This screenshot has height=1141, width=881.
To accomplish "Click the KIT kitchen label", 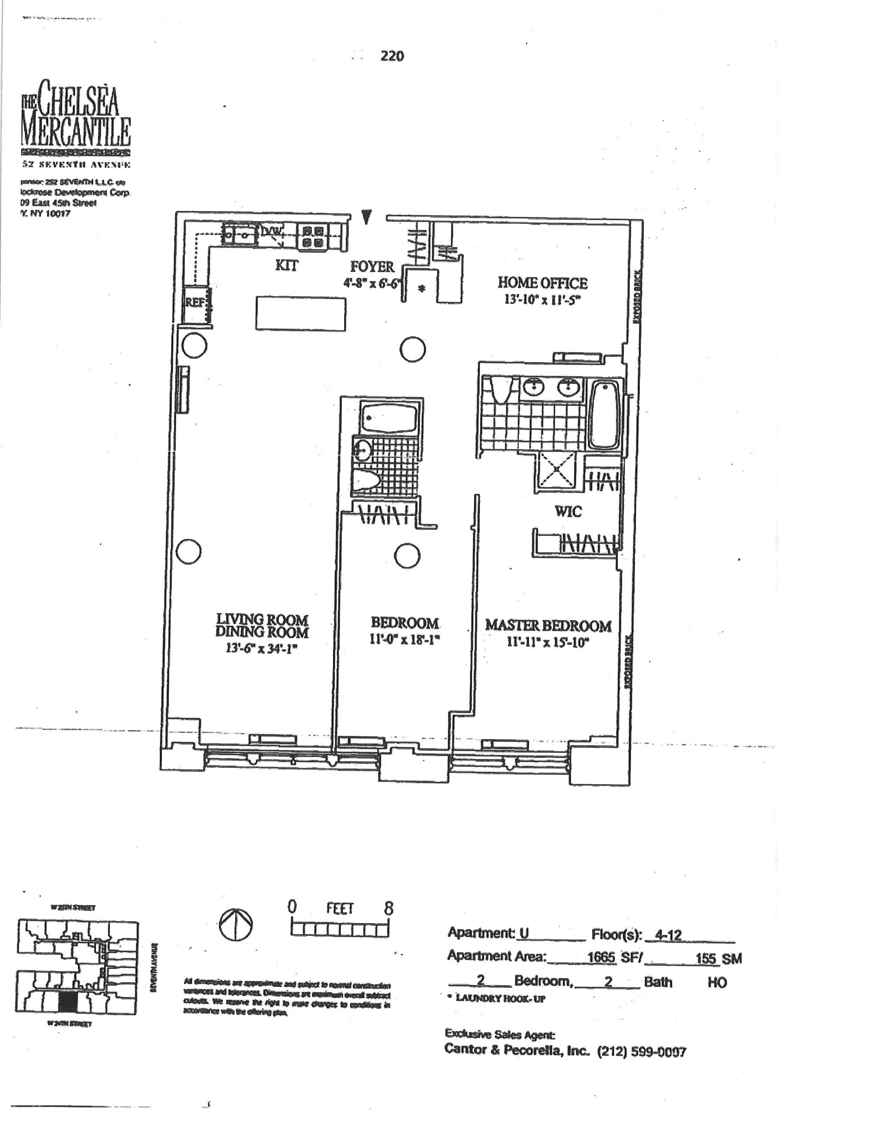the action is coord(287,265).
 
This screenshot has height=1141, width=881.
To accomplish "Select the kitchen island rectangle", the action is coord(300,314).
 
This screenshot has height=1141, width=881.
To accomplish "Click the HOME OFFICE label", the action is coord(542,283).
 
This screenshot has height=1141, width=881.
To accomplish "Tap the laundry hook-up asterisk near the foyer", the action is coord(422,288).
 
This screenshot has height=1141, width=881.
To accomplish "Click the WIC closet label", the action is coord(568,511).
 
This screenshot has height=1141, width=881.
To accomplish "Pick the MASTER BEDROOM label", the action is coord(548,625).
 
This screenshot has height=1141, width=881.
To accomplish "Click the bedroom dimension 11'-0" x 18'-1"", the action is coord(404,639).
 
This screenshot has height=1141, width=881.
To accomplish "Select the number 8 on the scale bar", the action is coord(388,908).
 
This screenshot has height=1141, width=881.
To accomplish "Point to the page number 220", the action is coord(392,56).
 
